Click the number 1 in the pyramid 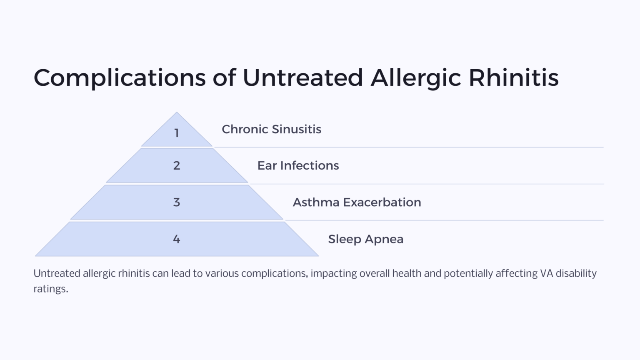point(177,133)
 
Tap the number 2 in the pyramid point(177,165)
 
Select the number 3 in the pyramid point(177,202)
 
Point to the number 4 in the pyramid point(177,239)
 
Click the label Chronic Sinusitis point(271,129)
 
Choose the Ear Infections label point(298,165)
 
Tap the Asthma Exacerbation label point(357,202)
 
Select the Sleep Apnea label point(365,239)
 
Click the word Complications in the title point(120,78)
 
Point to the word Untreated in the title point(302,78)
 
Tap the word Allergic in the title point(415,78)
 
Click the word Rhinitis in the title point(513,78)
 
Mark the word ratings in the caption point(50,289)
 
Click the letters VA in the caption point(546,273)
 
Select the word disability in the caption point(576,273)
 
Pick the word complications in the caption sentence point(274,273)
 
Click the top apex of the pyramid point(177,113)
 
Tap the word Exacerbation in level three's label point(382,202)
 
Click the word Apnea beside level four point(384,239)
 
